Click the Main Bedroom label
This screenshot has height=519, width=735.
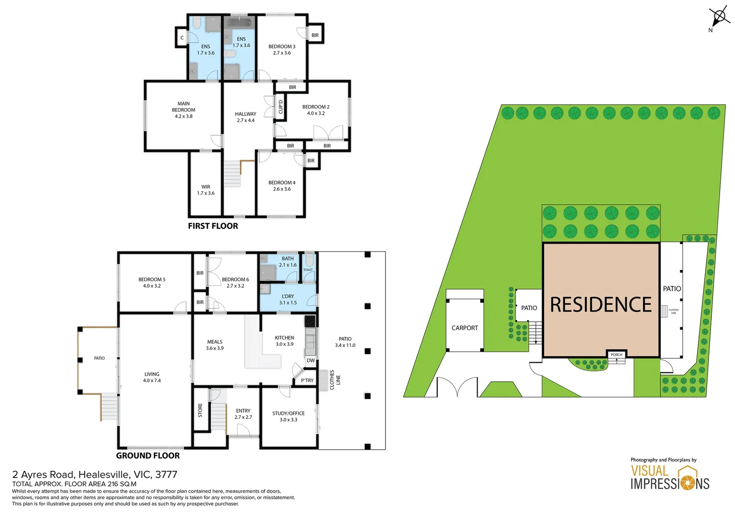(x=183, y=107)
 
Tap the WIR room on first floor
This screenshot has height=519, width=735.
(x=205, y=190)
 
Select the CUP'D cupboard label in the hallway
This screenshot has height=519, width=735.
(x=281, y=107)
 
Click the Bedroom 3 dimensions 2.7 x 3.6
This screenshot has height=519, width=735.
(x=282, y=53)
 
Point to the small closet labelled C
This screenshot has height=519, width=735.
(x=182, y=37)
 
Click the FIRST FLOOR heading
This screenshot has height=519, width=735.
(x=213, y=226)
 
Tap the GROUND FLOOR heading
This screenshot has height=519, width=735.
(x=148, y=456)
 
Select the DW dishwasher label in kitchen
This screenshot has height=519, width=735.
(x=311, y=360)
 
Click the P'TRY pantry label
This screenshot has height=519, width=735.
(x=307, y=380)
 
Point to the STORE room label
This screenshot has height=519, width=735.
(x=200, y=410)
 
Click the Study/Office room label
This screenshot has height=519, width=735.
(x=288, y=413)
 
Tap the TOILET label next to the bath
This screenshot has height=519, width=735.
(x=308, y=270)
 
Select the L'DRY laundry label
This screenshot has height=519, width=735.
(x=288, y=297)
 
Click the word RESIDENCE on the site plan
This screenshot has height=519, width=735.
(x=600, y=305)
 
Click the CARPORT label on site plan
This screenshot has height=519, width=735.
(x=465, y=328)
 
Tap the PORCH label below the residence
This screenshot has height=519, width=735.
(x=616, y=355)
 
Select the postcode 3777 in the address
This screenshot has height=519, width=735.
(x=166, y=475)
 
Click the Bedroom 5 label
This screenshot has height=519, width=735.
(x=152, y=279)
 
